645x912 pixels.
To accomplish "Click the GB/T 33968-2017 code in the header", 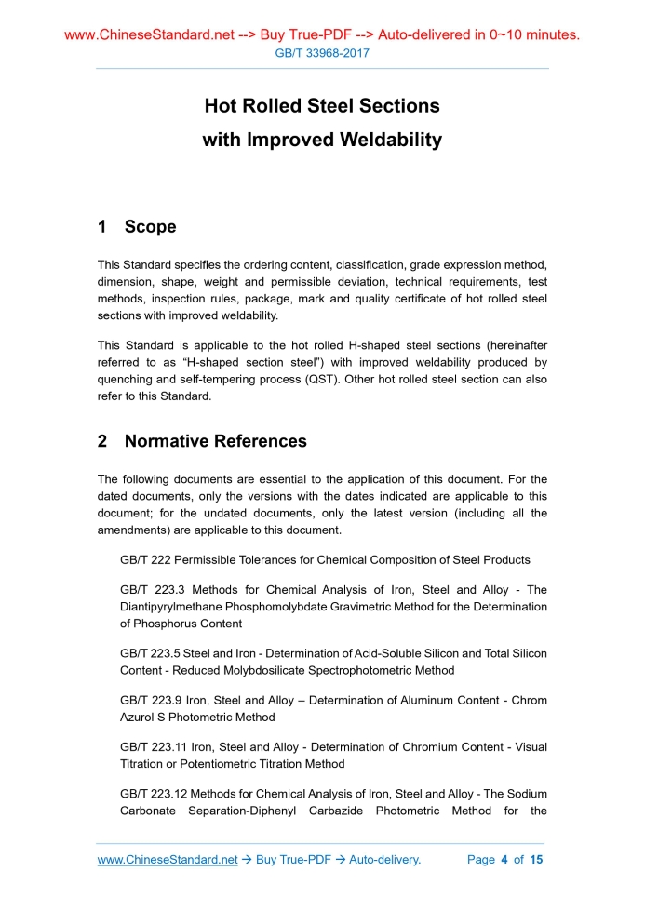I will click(322, 53).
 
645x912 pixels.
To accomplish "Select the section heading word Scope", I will click(150, 227).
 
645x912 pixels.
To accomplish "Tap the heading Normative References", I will click(215, 441).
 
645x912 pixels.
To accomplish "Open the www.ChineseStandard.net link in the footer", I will click(168, 860).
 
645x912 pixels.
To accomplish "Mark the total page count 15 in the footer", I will click(536, 860).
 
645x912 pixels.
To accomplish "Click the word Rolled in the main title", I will click(273, 106).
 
